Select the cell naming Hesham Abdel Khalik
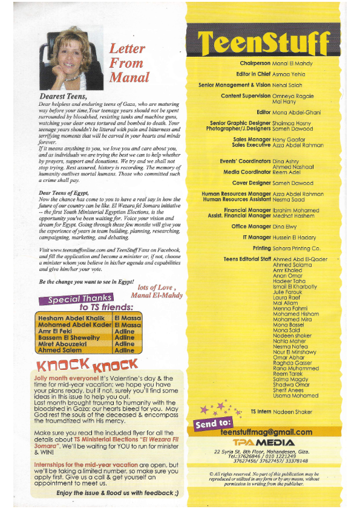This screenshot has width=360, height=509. click(x=71, y=317)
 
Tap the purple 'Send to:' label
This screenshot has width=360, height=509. click(x=212, y=423)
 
